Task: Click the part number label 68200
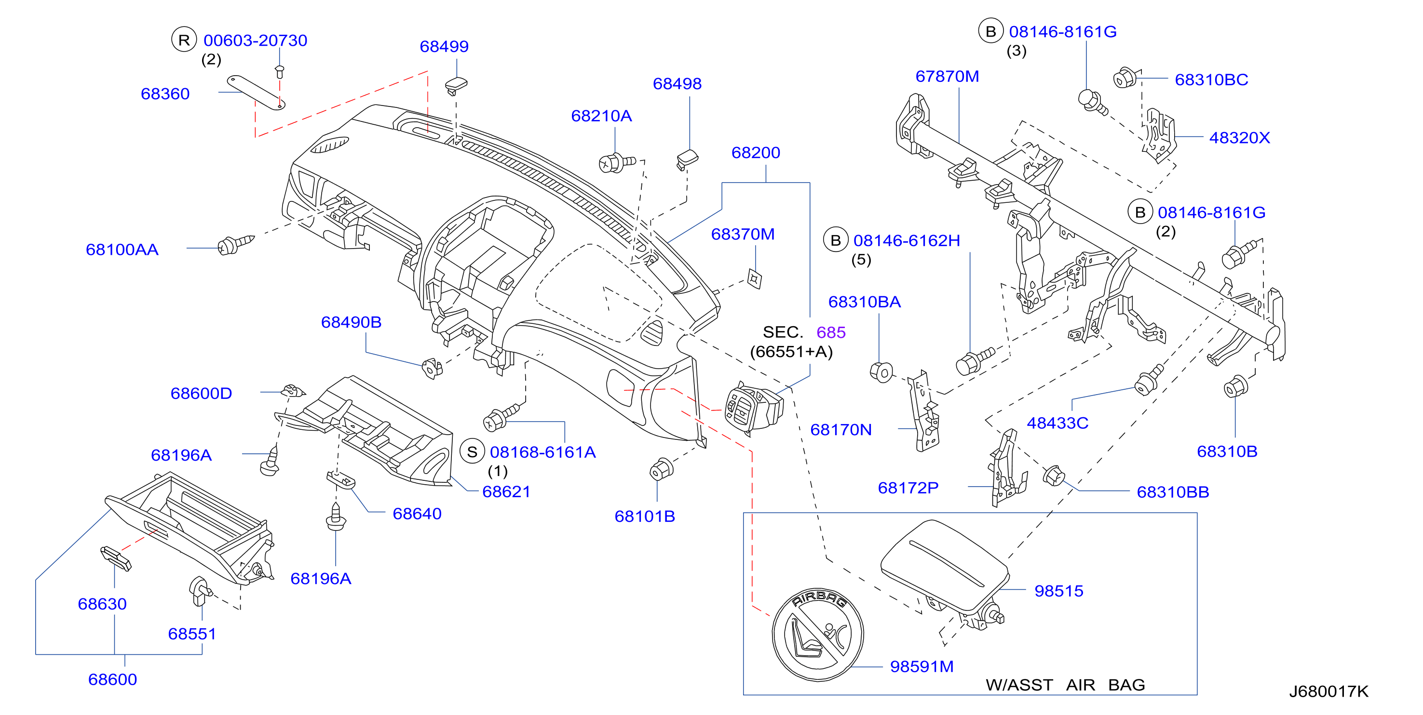(x=756, y=152)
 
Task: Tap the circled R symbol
(x=184, y=40)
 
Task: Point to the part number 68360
(x=165, y=94)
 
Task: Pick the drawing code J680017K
(x=1328, y=691)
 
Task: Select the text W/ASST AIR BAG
(x=1065, y=685)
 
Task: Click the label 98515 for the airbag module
(x=1058, y=591)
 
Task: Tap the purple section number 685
(x=831, y=332)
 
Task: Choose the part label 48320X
(x=1240, y=137)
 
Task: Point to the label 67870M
(x=947, y=76)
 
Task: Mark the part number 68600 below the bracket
(x=113, y=679)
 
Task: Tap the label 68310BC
(x=1211, y=79)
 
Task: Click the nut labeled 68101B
(x=661, y=469)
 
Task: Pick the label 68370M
(x=743, y=234)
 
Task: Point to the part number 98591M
(x=922, y=666)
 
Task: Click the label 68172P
(x=908, y=488)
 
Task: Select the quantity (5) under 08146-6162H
(x=861, y=260)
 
